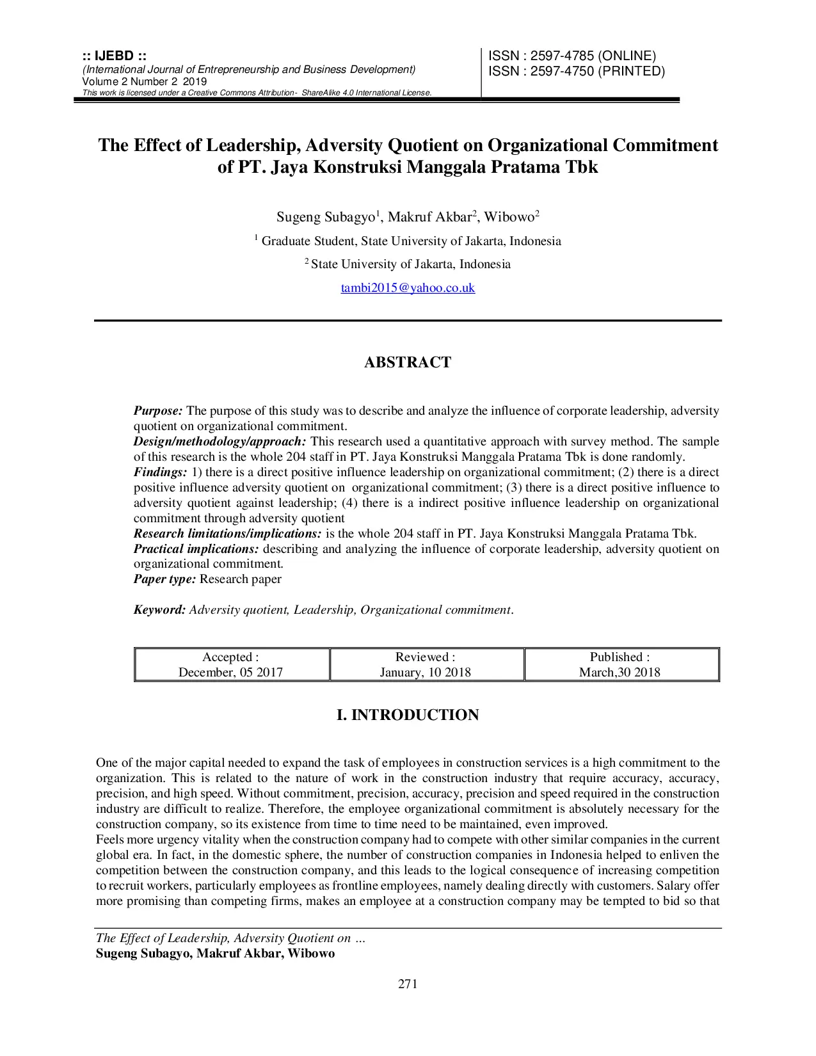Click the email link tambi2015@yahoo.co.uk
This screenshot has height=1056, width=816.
[x=408, y=288]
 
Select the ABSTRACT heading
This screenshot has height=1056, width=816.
[x=408, y=362]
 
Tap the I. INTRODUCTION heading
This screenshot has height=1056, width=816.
[x=408, y=715]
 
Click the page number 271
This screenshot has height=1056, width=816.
[x=408, y=984]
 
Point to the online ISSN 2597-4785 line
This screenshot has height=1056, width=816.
[x=572, y=56]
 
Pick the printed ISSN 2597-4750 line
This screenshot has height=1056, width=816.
[x=577, y=71]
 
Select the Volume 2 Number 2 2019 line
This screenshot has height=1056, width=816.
[x=145, y=81]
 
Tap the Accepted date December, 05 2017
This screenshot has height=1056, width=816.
[x=230, y=672]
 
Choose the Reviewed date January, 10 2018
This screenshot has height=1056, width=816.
[x=425, y=672]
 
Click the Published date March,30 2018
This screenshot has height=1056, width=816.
[x=620, y=672]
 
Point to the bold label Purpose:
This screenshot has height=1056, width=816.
[x=158, y=411]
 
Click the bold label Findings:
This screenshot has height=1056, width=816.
[x=160, y=472]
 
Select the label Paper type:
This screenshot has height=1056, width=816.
[x=164, y=579]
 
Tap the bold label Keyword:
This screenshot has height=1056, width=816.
[x=159, y=610]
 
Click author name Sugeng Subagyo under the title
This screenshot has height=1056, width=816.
[x=325, y=218]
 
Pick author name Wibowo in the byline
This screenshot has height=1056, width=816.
[x=509, y=218]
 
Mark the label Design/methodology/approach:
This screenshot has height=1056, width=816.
[x=220, y=442]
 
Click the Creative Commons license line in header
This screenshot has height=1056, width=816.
[x=257, y=93]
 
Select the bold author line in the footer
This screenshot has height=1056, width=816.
[x=215, y=954]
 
